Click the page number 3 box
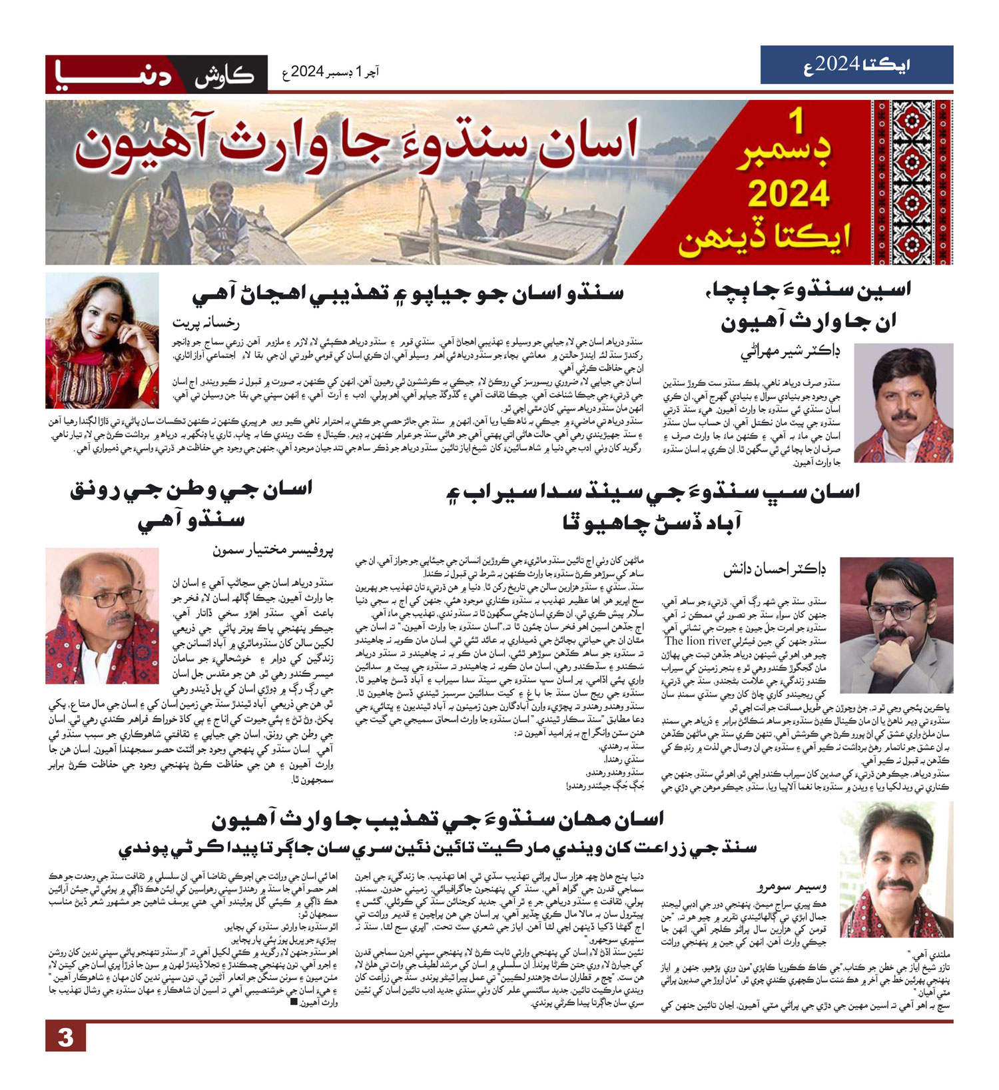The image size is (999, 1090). tap(65, 1037)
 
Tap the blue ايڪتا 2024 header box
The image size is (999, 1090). tap(856, 65)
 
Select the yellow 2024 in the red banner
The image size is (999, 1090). tap(789, 194)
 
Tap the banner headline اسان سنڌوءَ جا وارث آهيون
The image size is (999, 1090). tap(356, 143)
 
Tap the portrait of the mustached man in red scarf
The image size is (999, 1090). tap(903, 403)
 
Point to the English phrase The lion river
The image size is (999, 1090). tap(699, 641)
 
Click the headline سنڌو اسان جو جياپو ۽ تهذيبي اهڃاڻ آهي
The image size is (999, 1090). tap(408, 293)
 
